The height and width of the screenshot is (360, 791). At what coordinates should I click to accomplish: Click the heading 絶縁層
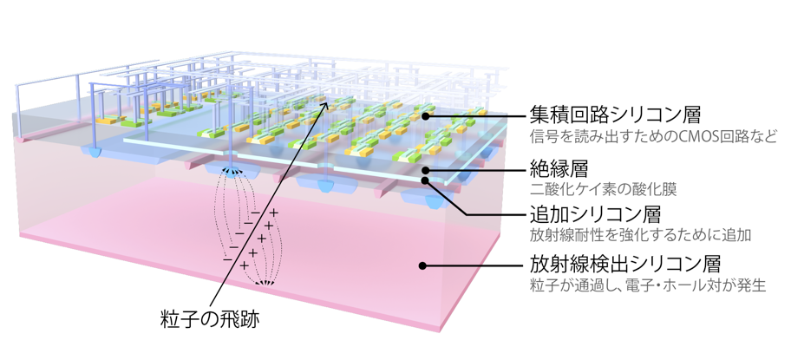coord(555,165)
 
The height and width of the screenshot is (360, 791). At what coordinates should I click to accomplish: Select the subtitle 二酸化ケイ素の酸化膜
coord(606,187)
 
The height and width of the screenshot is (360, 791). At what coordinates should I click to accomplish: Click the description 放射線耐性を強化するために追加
coord(639,235)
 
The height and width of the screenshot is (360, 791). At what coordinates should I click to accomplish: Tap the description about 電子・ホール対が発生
coord(647,285)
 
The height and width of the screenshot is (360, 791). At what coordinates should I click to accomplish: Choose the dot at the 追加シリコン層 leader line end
coord(428,181)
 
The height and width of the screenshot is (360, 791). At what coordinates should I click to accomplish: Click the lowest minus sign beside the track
coord(227,259)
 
